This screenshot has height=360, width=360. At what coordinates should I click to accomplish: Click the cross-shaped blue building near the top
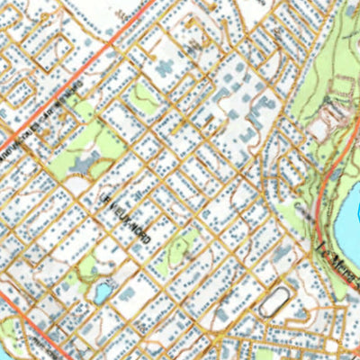coord(166,68)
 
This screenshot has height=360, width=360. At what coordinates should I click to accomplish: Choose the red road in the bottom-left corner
coord(27,314)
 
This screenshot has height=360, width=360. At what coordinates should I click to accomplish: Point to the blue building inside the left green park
coord(79,163)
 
